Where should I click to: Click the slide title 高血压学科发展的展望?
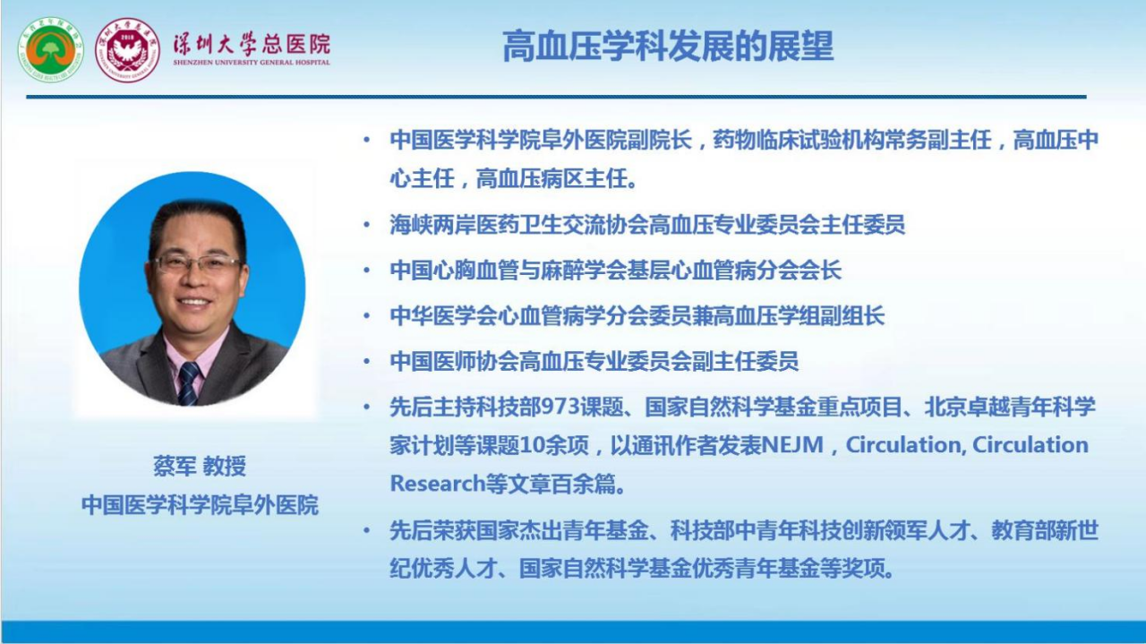[668, 47]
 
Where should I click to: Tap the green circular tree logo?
[51, 49]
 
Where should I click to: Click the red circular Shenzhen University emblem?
[128, 49]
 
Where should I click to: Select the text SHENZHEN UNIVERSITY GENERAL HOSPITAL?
[252, 63]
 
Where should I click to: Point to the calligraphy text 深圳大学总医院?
[252, 44]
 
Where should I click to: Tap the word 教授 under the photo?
[225, 466]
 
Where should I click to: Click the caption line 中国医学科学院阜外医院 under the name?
[200, 505]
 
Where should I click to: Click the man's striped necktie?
[188, 383]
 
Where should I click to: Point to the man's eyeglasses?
[197, 264]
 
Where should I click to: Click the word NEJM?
[792, 445]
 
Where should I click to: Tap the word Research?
[438, 484]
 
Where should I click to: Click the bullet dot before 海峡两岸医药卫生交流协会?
[366, 224]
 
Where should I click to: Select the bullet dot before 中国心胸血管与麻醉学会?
[366, 270]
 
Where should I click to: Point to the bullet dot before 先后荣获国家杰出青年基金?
[366, 530]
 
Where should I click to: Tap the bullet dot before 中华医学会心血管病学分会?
[366, 315]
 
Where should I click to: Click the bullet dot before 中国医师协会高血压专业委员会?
[366, 361]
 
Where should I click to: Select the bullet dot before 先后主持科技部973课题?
[366, 407]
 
